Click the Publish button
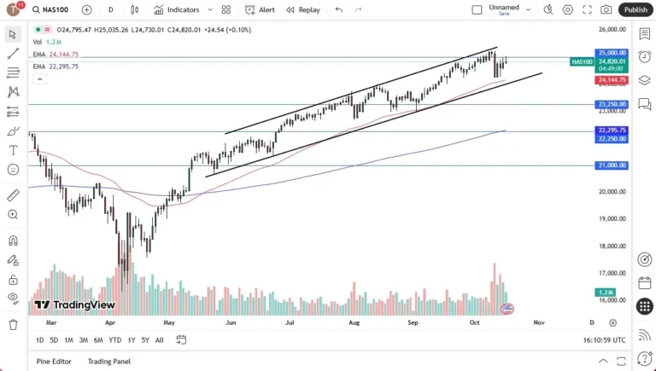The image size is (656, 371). tap(635, 9)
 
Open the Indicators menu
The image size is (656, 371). tap(177, 9)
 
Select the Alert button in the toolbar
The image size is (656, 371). tap(260, 9)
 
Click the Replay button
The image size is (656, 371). tap(303, 9)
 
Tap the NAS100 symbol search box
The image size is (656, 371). tap(53, 9)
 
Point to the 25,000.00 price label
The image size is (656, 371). tap(612, 53)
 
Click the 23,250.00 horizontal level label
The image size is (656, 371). tap(612, 104)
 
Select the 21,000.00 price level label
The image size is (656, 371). tap(612, 165)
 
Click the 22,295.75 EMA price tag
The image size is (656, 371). tap(612, 130)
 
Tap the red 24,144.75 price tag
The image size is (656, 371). tap(612, 79)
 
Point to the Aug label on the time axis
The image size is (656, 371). tap(354, 323)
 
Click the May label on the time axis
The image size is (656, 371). tap(169, 323)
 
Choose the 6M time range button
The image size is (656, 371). tap(98, 339)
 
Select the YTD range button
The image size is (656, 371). tap(114, 339)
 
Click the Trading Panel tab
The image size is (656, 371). tap(109, 361)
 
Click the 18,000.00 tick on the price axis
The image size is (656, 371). tap(612, 246)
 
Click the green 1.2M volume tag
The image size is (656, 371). tap(605, 292)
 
